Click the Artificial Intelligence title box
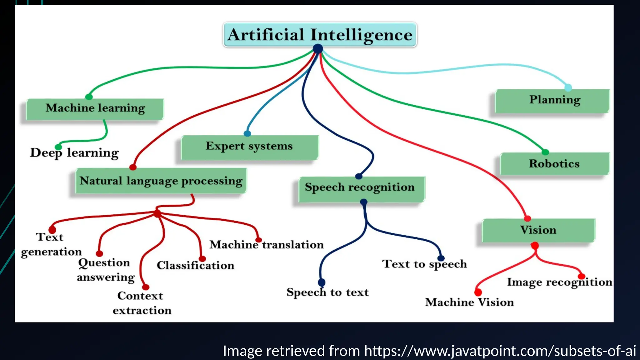pos(320,35)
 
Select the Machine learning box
pos(95,108)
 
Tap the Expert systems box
pos(249,147)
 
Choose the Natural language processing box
pos(161,181)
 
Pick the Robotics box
pos(554,164)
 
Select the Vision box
pos(538,230)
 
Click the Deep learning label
pos(74,153)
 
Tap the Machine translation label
pos(266,245)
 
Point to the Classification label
pos(195,266)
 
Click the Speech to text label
pos(327,292)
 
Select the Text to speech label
pos(424,264)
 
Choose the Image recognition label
pos(559,282)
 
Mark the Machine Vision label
pos(469,302)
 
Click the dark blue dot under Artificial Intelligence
pos(318,49)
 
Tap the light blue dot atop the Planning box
pos(568,87)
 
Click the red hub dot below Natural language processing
pos(157,214)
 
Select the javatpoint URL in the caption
pos(500,351)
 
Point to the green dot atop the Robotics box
pos(545,152)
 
